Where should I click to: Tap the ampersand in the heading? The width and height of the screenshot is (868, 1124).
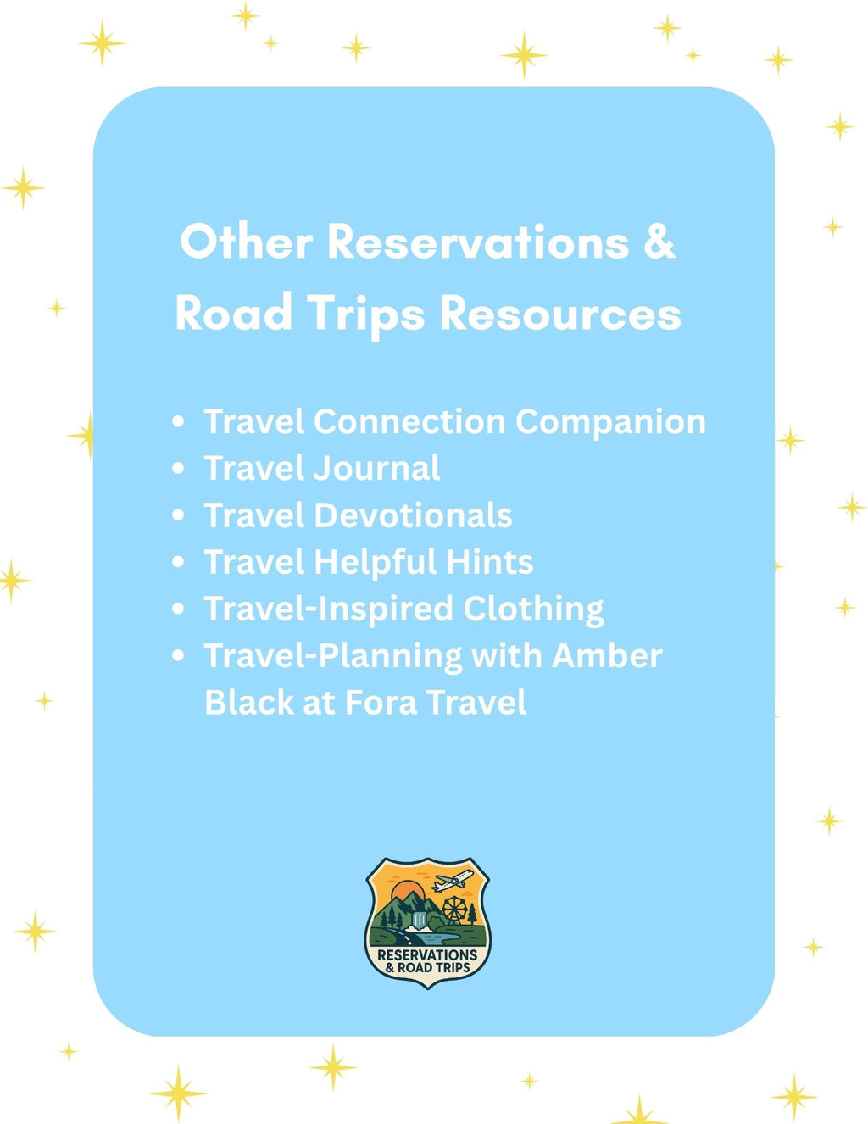[659, 242]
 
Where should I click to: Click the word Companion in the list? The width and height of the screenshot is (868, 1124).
[610, 422]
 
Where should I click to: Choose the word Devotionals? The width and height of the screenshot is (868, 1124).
[413, 515]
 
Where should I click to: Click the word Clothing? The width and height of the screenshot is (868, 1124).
[533, 609]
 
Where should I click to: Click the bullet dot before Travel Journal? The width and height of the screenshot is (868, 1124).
[178, 469]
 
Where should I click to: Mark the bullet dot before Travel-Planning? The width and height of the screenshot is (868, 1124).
[178, 655]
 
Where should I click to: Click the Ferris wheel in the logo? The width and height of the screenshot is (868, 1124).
[453, 910]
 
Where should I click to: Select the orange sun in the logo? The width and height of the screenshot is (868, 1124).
[404, 892]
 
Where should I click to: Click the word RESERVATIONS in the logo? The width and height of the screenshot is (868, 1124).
[427, 955]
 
